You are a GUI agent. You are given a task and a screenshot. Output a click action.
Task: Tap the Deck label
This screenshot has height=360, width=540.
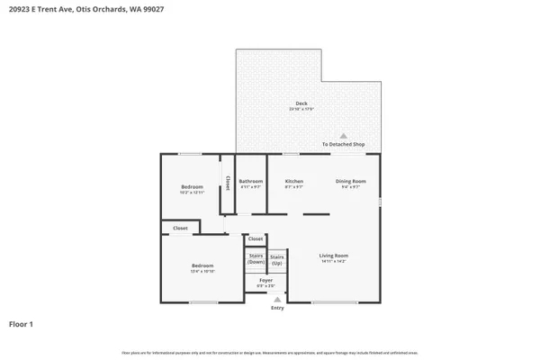(x=301, y=103)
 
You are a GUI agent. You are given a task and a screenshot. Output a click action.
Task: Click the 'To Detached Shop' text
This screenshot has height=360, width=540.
(x=344, y=145)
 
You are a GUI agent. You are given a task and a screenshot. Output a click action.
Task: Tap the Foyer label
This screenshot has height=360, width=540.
(x=265, y=280)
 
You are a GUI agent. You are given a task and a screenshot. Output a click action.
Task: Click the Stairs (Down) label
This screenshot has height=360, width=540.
(x=256, y=259)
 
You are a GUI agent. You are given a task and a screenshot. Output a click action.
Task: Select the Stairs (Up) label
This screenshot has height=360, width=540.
(x=277, y=259)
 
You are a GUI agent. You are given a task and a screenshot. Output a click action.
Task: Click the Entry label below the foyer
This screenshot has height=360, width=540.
(x=277, y=308)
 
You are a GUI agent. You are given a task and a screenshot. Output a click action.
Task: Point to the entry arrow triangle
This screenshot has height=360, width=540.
(x=277, y=301)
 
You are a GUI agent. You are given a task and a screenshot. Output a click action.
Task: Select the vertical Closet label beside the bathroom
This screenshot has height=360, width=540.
(x=228, y=183)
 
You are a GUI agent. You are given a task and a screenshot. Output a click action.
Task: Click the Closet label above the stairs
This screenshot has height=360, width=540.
(x=256, y=238)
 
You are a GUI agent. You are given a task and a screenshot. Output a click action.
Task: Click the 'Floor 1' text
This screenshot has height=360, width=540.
(x=22, y=323)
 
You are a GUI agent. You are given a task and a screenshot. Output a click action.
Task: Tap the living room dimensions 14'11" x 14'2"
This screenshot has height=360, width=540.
(x=333, y=262)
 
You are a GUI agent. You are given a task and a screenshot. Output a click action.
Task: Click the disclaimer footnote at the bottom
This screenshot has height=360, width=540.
(x=270, y=350)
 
